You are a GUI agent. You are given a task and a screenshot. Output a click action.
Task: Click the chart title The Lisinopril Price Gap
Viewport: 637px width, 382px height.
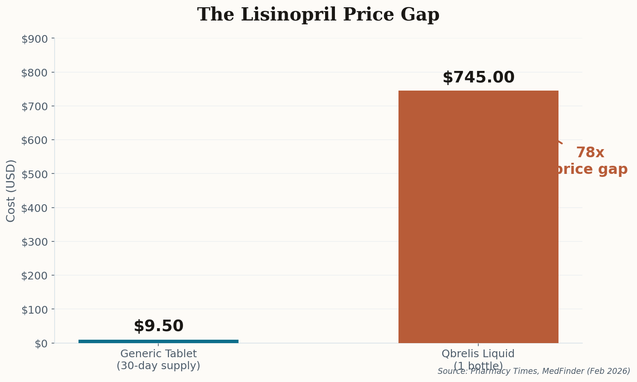[318, 15]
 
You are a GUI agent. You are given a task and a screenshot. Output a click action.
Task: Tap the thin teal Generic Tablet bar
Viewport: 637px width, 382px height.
[158, 341]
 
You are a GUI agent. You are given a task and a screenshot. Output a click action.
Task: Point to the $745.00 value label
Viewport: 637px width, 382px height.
[478, 78]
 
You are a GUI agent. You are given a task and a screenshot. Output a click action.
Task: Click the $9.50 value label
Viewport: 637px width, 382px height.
[158, 326]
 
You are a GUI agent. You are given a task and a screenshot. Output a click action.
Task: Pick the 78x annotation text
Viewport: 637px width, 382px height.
[590, 153]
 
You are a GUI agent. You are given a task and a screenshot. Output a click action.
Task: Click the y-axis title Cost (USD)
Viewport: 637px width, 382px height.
[11, 191]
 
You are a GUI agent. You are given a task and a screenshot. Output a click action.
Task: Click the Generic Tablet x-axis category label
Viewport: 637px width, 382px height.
[158, 360]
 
